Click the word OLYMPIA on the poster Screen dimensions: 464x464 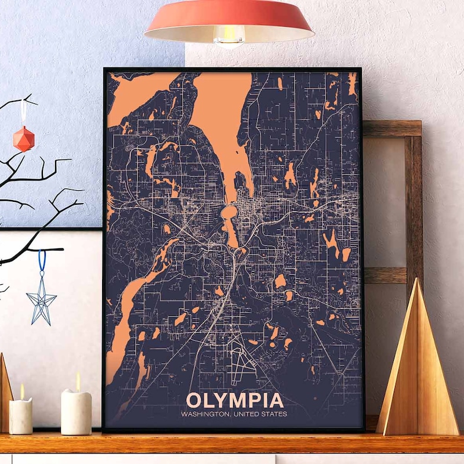coord(235,400)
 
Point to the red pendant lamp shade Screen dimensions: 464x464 coord(229,17)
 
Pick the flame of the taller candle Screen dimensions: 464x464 coord(77,381)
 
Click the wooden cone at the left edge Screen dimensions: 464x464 coord(5,394)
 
